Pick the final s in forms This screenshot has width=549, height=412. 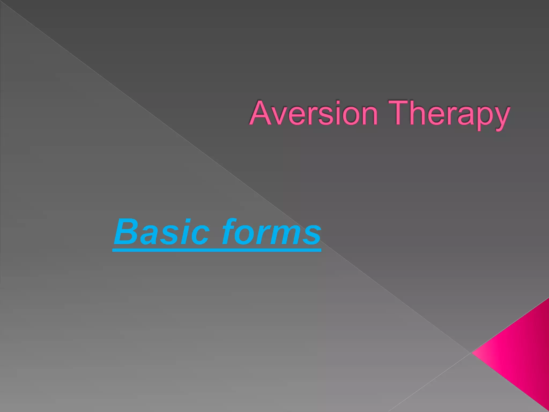[x=312, y=235]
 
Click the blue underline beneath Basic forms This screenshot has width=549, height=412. [x=217, y=250]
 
